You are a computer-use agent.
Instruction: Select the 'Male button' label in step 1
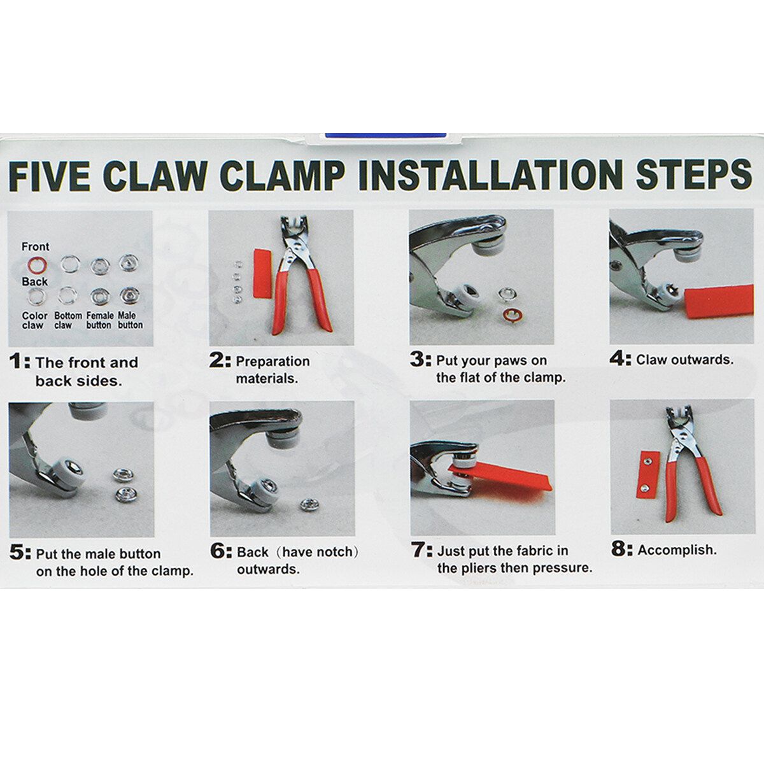[131, 320]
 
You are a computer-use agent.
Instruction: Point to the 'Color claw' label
[34, 320]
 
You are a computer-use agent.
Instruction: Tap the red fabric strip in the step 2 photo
[262, 274]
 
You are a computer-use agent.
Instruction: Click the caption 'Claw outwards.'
[684, 360]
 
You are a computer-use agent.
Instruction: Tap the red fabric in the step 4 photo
[718, 301]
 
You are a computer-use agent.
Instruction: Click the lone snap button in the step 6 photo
[309, 504]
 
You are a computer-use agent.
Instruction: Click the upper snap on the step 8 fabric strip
[647, 460]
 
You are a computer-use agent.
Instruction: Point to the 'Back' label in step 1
[35, 281]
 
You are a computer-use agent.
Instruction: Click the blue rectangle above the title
[385, 135]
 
